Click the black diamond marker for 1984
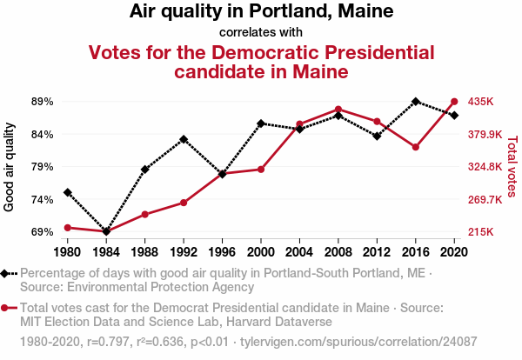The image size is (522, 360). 106,231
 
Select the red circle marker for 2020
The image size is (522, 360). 454,102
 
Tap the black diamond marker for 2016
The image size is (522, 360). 416,102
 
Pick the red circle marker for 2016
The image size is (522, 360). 416,148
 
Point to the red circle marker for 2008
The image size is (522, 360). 338,110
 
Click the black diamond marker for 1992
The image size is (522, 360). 184,139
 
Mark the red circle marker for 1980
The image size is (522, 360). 68,228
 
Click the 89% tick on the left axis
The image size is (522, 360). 42,102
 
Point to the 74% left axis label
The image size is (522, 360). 42,200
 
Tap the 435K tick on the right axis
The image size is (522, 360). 481,102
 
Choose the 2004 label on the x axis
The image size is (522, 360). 299,252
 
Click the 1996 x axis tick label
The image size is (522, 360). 222,252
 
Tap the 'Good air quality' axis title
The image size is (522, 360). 10,167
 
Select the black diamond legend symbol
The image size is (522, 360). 7,274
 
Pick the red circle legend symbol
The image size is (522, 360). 7,308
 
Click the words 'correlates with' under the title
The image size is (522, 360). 261,33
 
